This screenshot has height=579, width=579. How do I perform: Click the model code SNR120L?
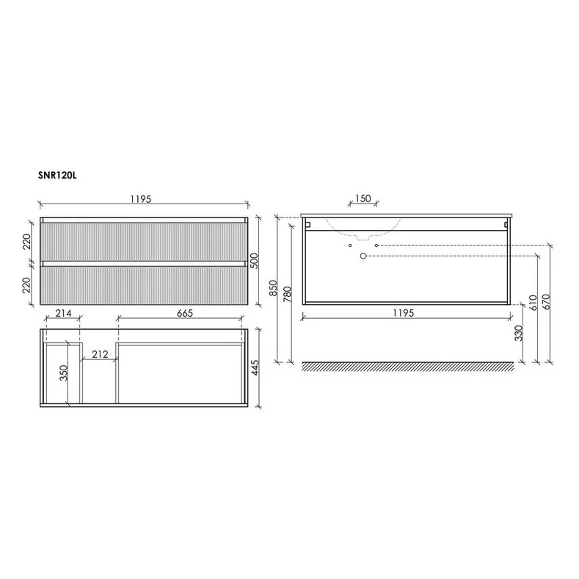point(57,176)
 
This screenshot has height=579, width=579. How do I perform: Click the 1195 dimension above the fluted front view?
point(141,199)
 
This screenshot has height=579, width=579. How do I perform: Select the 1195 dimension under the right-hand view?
point(403,313)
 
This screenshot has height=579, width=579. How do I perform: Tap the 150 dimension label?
point(363,198)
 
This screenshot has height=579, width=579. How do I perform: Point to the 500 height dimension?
point(255,261)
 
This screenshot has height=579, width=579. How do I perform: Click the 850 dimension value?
point(273,287)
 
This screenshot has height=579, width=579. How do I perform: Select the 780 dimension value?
point(288,294)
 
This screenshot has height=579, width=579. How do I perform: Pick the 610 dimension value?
point(533,303)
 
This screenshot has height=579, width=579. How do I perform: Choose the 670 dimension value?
point(547,302)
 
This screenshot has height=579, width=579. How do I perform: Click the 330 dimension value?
point(519,333)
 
